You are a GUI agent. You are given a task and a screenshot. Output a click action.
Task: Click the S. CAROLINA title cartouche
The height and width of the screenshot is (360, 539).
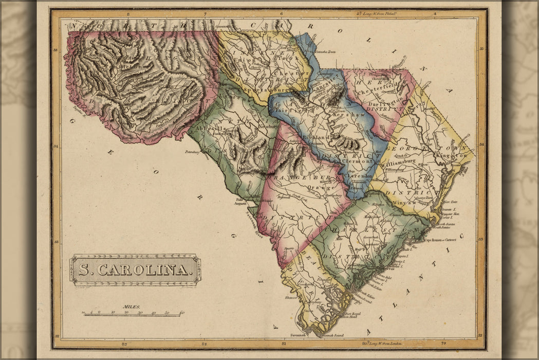tap(135, 269)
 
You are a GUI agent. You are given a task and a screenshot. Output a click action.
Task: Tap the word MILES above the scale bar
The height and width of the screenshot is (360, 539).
tap(132, 307)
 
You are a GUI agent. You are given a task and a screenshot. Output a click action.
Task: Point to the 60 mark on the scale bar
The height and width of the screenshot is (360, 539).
tap(182, 313)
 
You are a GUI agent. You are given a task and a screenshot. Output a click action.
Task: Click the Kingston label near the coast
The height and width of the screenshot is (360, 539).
tap(452, 155)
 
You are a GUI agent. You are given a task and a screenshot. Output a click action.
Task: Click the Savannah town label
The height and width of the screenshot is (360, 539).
tap(298, 335)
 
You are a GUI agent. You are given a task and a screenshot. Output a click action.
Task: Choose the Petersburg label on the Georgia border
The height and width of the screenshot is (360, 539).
tap(192, 152)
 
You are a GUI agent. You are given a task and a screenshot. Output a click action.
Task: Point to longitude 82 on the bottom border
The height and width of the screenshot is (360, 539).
tap(204, 343)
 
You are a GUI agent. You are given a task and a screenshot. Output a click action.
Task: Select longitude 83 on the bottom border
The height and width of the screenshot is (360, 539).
tap(124, 343)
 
